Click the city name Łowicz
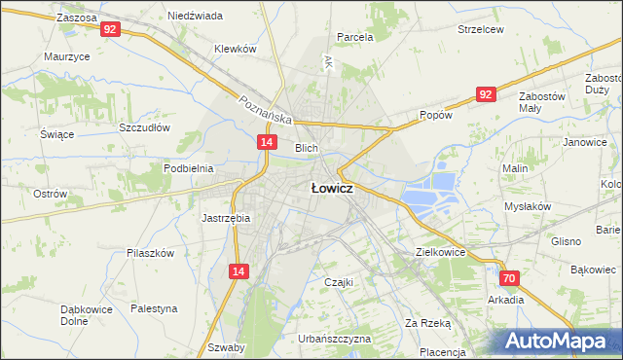click(331, 189)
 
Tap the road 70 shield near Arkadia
click(511, 278)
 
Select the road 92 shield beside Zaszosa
click(110, 30)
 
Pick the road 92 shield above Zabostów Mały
click(487, 93)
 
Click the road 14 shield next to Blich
click(266, 142)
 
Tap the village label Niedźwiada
click(195, 17)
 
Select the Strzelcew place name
click(481, 29)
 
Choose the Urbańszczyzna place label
click(336, 339)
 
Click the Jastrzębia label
click(226, 218)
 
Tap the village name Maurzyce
click(67, 56)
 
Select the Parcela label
click(355, 37)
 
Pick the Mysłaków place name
click(528, 206)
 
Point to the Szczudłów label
click(144, 127)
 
